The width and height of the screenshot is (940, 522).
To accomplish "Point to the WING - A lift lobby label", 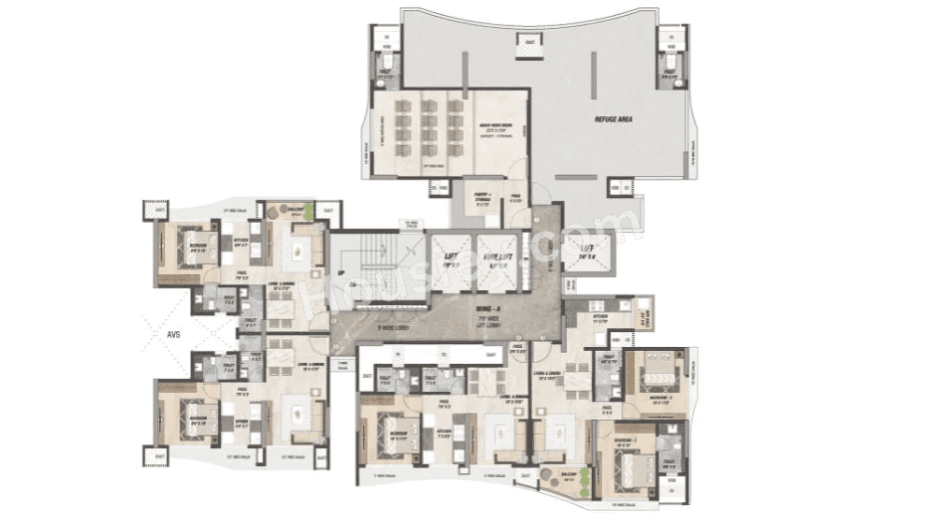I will click(x=486, y=315).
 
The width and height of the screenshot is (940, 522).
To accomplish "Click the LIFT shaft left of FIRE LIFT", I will click(x=450, y=262).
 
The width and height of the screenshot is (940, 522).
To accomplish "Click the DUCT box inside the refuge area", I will click(x=529, y=42).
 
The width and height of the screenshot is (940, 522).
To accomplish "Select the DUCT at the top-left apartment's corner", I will click(x=155, y=210).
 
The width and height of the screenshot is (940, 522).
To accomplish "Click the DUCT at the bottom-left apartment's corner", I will click(x=155, y=456).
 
